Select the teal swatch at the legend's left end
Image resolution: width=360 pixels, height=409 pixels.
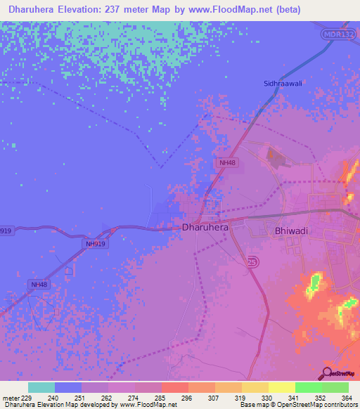click(41, 387)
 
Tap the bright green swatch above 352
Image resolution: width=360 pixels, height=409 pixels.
click(308, 387)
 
